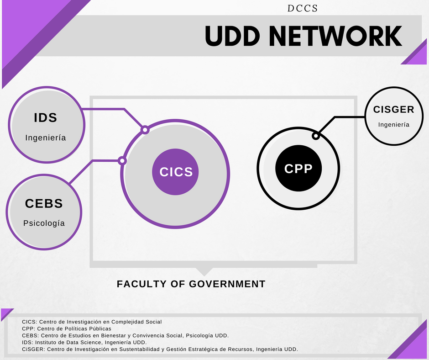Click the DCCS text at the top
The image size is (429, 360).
point(303,8)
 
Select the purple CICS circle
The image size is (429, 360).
point(176,172)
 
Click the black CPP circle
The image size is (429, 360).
point(298,169)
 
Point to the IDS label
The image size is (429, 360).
point(46,118)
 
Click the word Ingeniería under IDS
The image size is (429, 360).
point(46,138)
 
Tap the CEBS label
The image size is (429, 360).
point(44,203)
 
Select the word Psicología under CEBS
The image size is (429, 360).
point(44,223)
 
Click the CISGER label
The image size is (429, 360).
point(393,110)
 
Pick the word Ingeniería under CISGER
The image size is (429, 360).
point(393,125)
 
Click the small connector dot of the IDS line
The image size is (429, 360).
point(145,130)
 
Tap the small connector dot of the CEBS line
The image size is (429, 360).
point(122,160)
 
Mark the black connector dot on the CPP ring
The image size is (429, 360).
point(315,136)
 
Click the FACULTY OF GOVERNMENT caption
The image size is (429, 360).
point(191,284)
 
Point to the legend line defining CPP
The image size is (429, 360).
point(67,328)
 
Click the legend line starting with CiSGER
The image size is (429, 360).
point(160,349)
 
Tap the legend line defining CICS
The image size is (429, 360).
point(92,322)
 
